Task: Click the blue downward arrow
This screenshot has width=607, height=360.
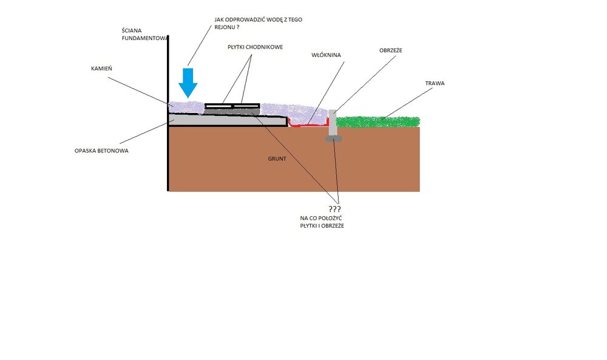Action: [189, 83]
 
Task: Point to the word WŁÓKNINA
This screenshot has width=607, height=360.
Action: [326, 55]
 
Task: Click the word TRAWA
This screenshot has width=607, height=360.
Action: [435, 83]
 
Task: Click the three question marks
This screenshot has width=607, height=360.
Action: [334, 209]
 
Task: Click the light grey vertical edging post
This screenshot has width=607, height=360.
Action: [333, 123]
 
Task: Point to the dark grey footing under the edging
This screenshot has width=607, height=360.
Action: [333, 139]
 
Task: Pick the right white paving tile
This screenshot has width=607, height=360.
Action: [246, 106]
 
